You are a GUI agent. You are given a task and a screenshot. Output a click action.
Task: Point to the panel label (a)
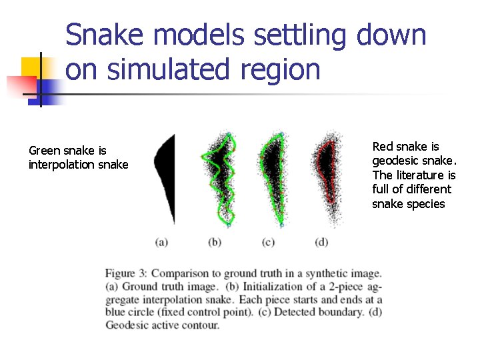(x=161, y=242)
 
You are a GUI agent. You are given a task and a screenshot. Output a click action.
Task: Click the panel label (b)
(x=215, y=242)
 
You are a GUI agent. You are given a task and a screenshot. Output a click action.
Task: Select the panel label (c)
(x=268, y=242)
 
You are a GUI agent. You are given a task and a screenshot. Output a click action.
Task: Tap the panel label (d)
(x=321, y=242)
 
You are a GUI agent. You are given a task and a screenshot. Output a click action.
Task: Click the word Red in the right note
(x=383, y=146)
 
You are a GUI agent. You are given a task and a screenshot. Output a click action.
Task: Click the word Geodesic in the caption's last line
(x=127, y=325)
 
